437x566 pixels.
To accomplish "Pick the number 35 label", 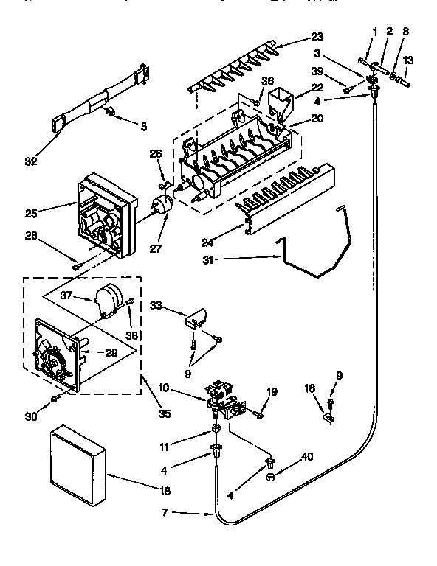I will click(x=165, y=414).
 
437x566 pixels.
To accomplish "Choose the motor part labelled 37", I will click(x=108, y=298).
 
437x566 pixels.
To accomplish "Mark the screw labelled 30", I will click(x=55, y=399).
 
